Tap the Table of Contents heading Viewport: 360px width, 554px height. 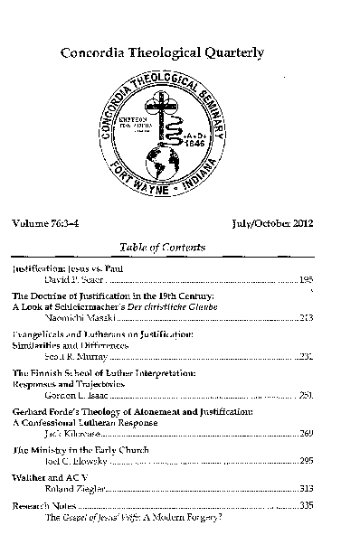pos(162,247)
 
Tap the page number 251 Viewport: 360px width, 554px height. pos(306,395)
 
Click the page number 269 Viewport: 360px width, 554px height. pos(306,434)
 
